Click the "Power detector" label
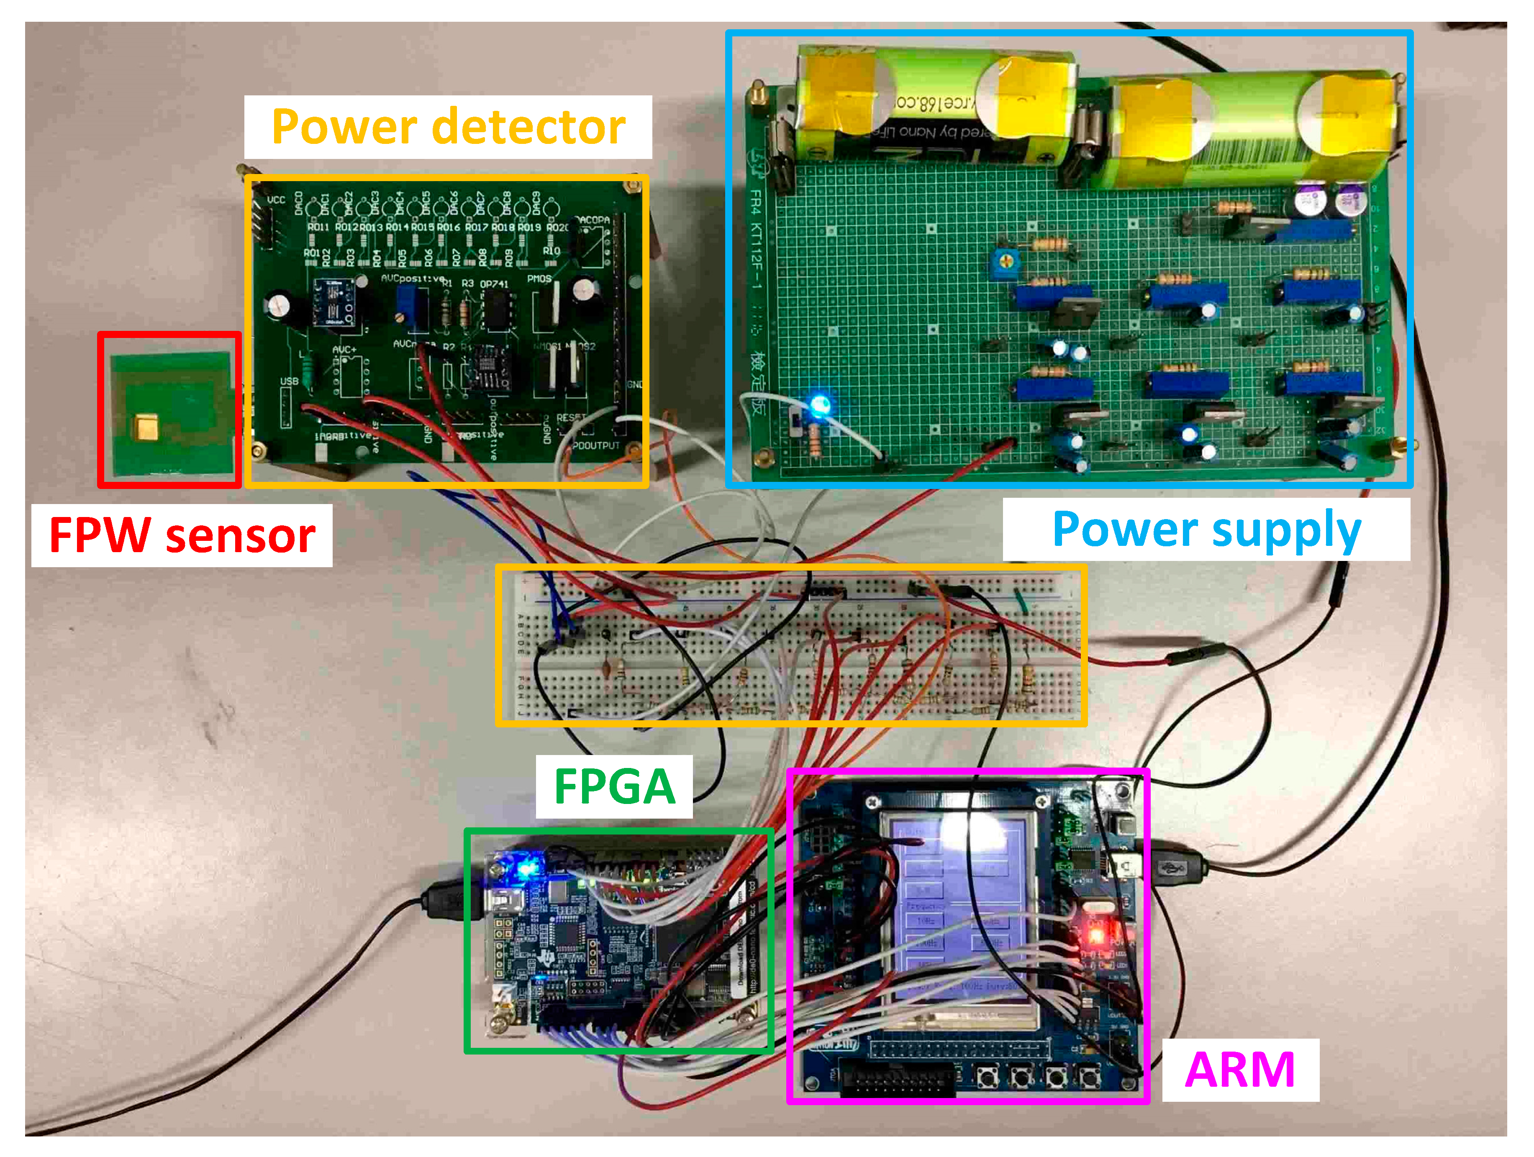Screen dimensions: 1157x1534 [x=448, y=127]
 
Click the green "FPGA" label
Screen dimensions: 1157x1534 [x=614, y=787]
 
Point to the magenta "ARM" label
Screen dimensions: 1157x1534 [x=1239, y=1070]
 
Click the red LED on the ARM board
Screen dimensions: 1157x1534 [x=1096, y=935]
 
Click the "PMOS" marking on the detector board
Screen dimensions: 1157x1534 [x=539, y=279]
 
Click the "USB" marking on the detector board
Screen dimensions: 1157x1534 [x=289, y=382]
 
